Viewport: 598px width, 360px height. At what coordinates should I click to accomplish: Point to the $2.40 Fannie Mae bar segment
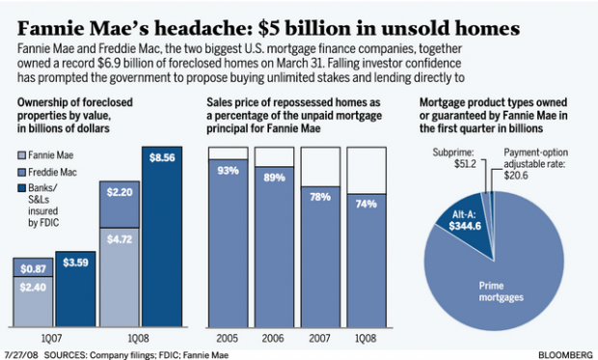tap(32, 289)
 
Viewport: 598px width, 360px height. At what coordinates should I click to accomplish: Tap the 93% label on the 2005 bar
tap(229, 171)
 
